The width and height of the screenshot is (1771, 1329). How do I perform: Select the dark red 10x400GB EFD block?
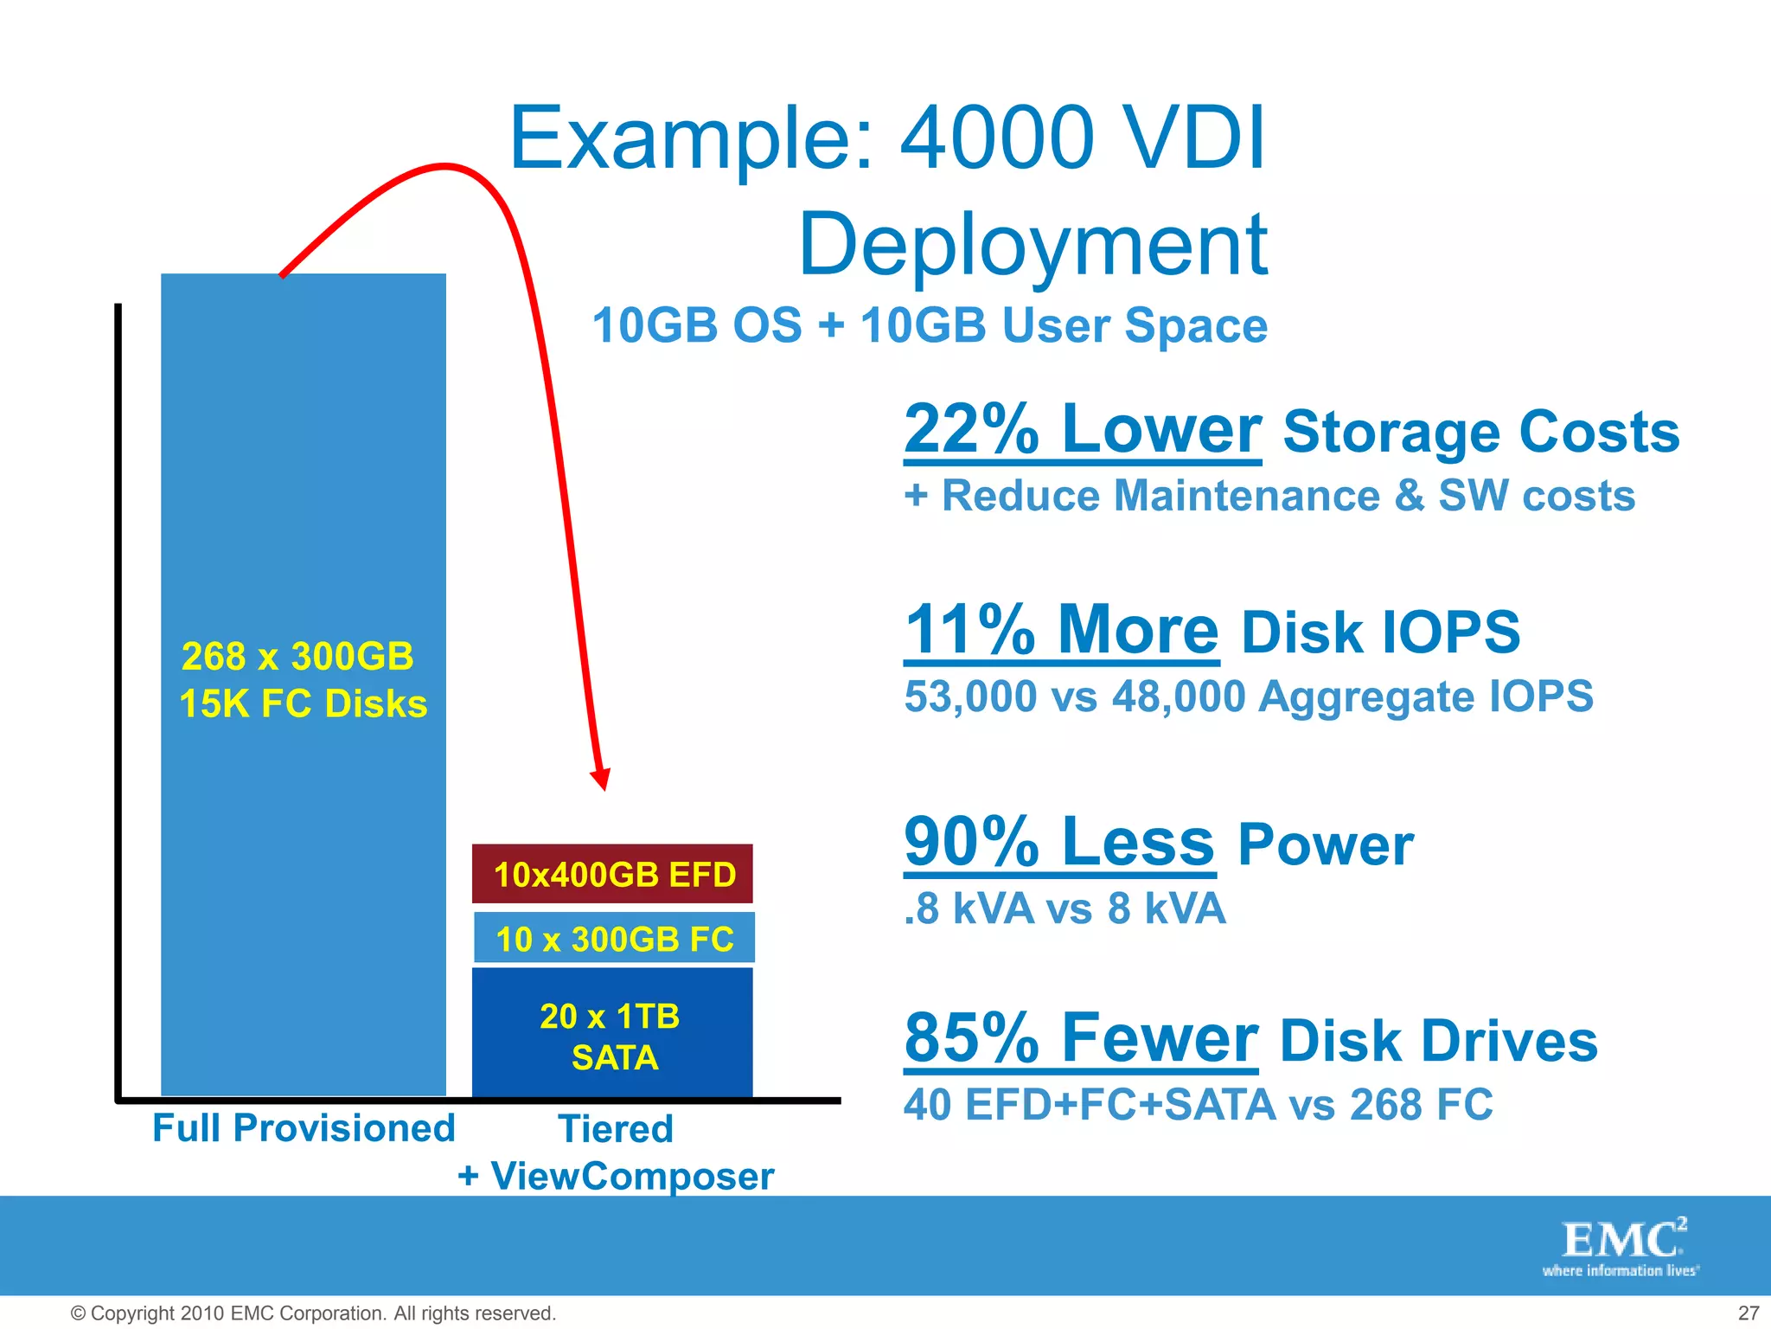click(613, 874)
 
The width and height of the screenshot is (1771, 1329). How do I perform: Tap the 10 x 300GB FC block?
click(614, 938)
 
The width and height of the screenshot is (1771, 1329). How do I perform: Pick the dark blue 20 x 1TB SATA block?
click(612, 1035)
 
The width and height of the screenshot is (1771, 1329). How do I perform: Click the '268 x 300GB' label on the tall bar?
click(297, 657)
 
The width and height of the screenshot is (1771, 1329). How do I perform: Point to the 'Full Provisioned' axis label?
click(304, 1128)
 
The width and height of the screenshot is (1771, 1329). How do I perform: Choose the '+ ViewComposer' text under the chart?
click(616, 1176)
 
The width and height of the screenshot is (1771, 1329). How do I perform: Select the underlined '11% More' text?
click(1061, 630)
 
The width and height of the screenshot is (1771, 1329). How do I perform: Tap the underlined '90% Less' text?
click(1059, 842)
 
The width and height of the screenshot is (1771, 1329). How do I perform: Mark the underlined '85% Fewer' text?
click(1081, 1038)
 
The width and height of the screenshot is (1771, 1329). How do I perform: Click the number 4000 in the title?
click(998, 138)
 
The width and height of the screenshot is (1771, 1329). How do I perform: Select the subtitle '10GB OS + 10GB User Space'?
click(930, 326)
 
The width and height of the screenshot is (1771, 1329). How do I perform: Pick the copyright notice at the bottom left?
click(313, 1313)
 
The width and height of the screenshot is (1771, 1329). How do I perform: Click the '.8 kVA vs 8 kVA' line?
click(1065, 909)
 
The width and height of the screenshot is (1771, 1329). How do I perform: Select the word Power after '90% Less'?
click(1325, 845)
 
